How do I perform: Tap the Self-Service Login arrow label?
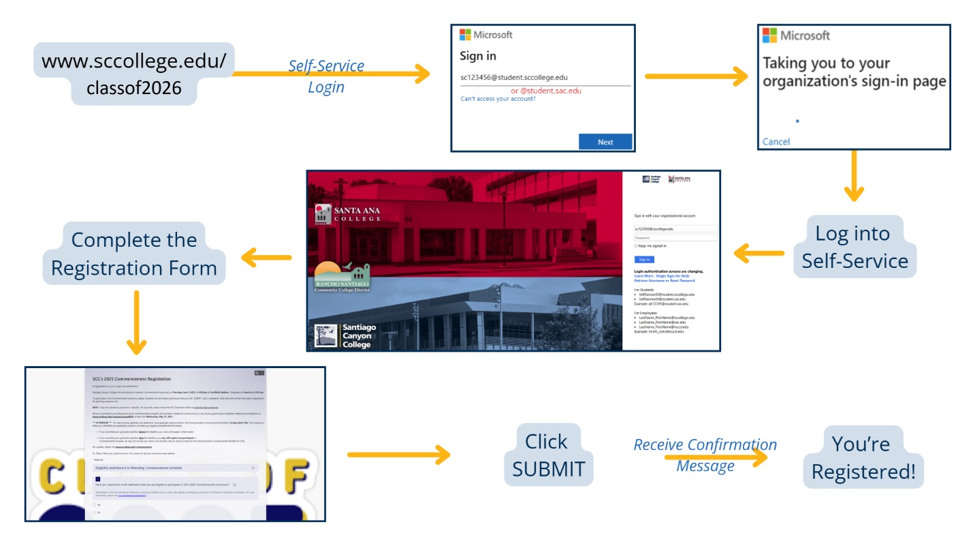coord(326,76)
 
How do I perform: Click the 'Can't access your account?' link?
coord(498,99)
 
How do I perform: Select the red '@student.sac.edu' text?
coord(546,90)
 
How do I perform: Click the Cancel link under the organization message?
coord(776,142)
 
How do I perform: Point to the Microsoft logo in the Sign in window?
coord(466,35)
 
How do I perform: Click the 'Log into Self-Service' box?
coord(854,247)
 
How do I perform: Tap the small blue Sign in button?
coord(643,259)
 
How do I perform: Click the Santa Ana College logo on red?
coord(347,214)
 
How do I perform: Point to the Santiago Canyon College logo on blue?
coord(345,335)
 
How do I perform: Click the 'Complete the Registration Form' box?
coord(134,254)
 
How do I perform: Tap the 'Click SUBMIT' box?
coord(548,455)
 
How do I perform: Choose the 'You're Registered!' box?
coord(863,457)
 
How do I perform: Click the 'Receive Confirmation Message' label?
coord(705,455)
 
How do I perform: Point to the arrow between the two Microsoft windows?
coord(694,77)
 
